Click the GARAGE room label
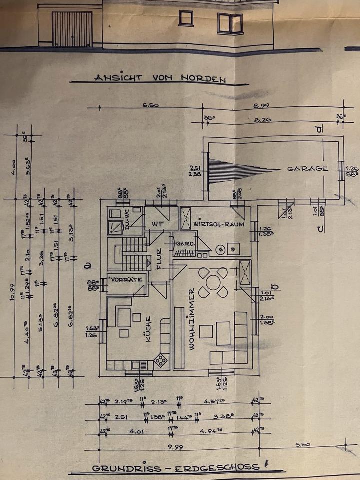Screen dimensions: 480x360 (307, 169)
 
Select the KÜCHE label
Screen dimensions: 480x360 (148, 331)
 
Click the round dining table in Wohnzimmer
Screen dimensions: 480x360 (213, 282)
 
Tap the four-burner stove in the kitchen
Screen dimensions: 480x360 (161, 359)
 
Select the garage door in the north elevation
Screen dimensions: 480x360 (72, 28)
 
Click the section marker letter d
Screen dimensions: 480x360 (318, 129)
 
